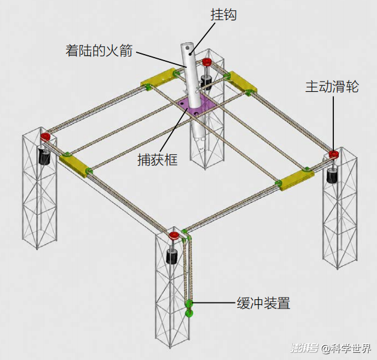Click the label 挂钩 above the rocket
pyautogui.click(x=224, y=14)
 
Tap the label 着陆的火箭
pyautogui.click(x=99, y=50)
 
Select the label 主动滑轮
pyautogui.click(x=332, y=86)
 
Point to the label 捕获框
pyautogui.click(x=158, y=160)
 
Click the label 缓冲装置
pyautogui.click(x=264, y=303)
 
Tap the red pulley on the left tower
pyautogui.click(x=45, y=137)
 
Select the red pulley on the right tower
pyautogui.click(x=333, y=154)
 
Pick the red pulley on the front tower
pyautogui.click(x=174, y=235)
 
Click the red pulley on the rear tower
pyautogui.click(x=207, y=62)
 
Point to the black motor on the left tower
pyautogui.click(x=44, y=156)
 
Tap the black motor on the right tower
pyautogui.click(x=332, y=175)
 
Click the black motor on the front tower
pyautogui.click(x=172, y=257)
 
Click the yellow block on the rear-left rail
pyautogui.click(x=159, y=78)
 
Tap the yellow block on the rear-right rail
pyautogui.click(x=242, y=82)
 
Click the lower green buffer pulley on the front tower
pyautogui.click(x=189, y=313)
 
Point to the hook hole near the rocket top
pyautogui.click(x=187, y=48)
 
